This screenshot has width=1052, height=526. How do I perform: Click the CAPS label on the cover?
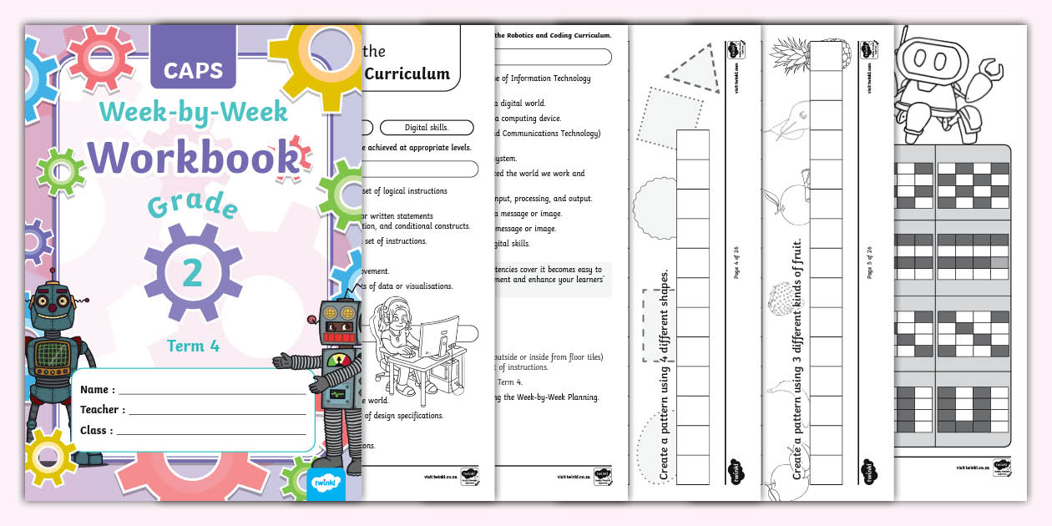coord(193,70)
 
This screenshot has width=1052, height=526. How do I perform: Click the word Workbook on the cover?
coord(194,158)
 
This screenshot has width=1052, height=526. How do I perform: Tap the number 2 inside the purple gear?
coord(193,272)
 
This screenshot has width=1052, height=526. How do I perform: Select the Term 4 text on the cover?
coord(193,346)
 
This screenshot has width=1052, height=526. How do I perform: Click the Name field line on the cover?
coord(212,391)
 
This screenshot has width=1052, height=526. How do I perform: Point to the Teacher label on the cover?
coord(103,410)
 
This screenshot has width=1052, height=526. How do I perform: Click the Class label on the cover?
coord(97,431)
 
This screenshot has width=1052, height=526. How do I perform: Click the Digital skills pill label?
coord(426,128)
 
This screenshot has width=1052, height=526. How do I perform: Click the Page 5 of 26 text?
coord(869,262)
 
